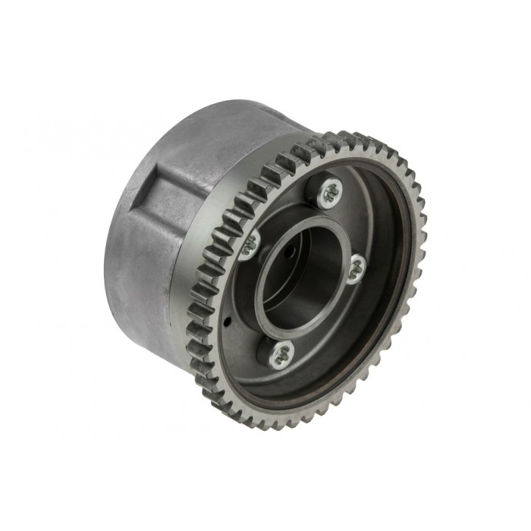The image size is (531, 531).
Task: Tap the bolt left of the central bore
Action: (x=250, y=244)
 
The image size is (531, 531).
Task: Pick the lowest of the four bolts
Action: (x=281, y=350)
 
